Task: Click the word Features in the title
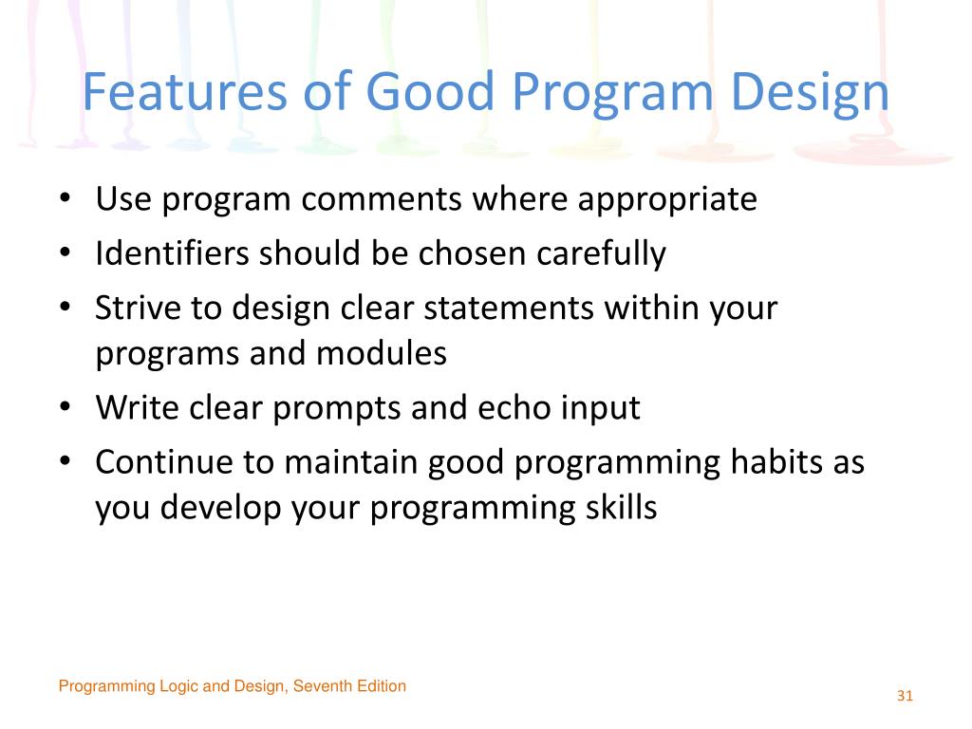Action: click(x=185, y=92)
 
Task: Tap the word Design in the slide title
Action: click(x=811, y=94)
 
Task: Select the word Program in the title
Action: click(x=612, y=94)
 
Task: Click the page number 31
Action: click(x=905, y=696)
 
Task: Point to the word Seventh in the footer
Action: click(x=319, y=685)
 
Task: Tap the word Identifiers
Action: click(x=172, y=252)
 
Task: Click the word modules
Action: click(x=382, y=353)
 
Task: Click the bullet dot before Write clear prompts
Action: click(x=65, y=407)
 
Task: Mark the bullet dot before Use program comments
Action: click(x=65, y=198)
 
